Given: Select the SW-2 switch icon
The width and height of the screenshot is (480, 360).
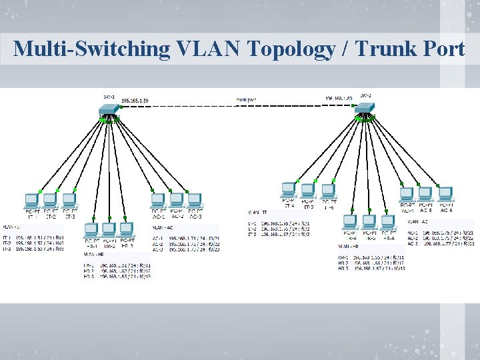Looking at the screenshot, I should [x=366, y=108].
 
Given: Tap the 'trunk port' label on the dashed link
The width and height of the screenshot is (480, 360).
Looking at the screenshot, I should [x=247, y=99].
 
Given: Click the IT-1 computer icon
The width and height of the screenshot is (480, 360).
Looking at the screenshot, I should [x=31, y=201].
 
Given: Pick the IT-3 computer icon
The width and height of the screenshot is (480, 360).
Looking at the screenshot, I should [x=69, y=201].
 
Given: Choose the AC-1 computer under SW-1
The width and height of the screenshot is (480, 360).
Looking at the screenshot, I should [x=158, y=201].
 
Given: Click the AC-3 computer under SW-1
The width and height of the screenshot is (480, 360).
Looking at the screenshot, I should [x=195, y=201].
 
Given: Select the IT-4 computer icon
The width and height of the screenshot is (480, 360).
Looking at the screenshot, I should [x=289, y=190].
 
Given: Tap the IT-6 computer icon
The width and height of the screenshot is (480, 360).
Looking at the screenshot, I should [x=327, y=190].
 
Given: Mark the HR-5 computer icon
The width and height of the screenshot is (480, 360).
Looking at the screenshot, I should [x=369, y=223].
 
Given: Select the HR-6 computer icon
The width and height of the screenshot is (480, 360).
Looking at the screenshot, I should [x=387, y=223].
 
